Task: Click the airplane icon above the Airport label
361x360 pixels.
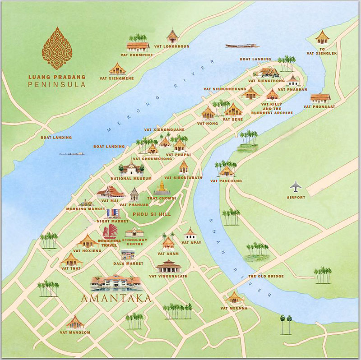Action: [296, 186]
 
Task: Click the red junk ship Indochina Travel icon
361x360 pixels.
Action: [110, 232]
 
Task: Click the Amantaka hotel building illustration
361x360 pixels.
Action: [116, 282]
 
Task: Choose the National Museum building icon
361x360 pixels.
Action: [131, 168]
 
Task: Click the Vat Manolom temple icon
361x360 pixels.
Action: [75, 323]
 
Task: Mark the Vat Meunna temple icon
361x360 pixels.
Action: [234, 298]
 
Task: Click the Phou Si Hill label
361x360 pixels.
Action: [150, 214]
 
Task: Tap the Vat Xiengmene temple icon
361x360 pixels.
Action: [117, 69]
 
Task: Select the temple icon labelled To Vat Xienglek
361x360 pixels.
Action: [322, 37]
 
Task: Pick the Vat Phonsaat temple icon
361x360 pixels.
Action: [320, 97]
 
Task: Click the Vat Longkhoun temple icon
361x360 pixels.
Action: [172, 36]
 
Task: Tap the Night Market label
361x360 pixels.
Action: [112, 222]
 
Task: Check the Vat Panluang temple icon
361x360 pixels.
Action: [227, 171]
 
